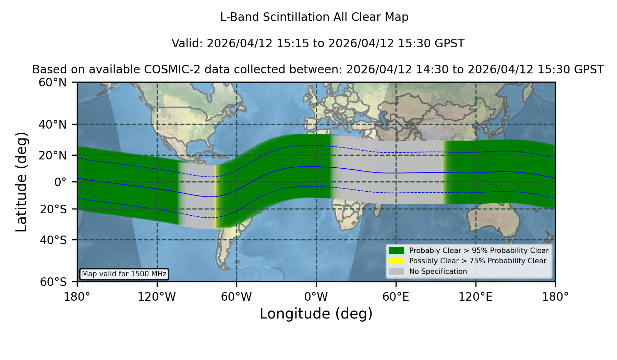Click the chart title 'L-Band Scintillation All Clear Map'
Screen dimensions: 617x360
[x=314, y=17]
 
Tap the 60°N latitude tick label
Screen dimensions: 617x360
[x=52, y=82]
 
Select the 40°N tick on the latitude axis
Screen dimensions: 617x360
[x=52, y=124]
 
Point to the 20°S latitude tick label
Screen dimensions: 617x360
[x=53, y=209]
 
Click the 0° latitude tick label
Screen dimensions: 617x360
[x=60, y=182]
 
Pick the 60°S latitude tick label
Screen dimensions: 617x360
[x=53, y=282]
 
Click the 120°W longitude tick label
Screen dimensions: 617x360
[x=157, y=297]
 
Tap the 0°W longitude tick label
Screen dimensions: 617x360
[x=316, y=297]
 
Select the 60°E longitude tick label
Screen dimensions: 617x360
[x=396, y=297]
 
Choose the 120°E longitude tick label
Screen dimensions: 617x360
[x=475, y=297]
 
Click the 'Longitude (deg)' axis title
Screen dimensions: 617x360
[x=316, y=314]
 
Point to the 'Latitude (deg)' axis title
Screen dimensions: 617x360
[x=21, y=182]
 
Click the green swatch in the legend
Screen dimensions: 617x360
[x=396, y=251]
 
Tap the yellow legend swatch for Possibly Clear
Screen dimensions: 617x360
[x=396, y=261]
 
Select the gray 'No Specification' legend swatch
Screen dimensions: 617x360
[x=396, y=272]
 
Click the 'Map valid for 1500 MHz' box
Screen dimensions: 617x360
[x=124, y=274]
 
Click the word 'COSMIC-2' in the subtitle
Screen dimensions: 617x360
[x=167, y=70]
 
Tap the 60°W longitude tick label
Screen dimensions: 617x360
[x=237, y=297]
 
